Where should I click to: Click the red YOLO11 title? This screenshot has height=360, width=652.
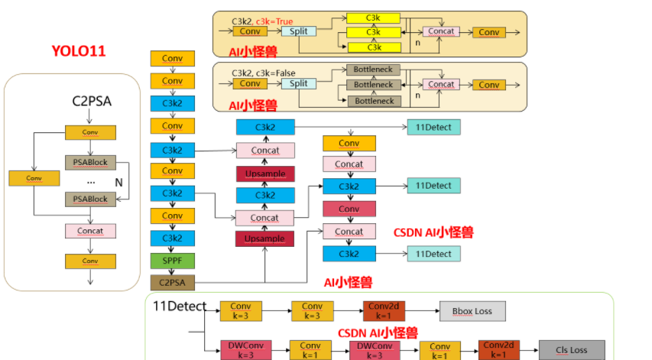pyautogui.click(x=79, y=51)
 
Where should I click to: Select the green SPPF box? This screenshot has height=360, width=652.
pyautogui.click(x=172, y=261)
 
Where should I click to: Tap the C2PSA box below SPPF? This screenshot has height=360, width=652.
pyautogui.click(x=172, y=283)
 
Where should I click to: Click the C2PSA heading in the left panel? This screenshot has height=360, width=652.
pyautogui.click(x=92, y=100)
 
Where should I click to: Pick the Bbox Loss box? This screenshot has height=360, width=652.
pyautogui.click(x=472, y=310)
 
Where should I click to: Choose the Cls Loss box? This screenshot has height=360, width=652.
pyautogui.click(x=572, y=350)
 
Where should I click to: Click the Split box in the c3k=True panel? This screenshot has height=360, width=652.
pyautogui.click(x=299, y=31)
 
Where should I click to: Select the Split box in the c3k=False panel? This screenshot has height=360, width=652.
pyautogui.click(x=299, y=84)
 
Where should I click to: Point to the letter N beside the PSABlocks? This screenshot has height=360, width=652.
pyautogui.click(x=118, y=183)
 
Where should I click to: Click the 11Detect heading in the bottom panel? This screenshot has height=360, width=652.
pyautogui.click(x=180, y=306)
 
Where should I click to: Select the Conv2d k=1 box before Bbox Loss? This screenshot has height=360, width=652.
pyautogui.click(x=383, y=310)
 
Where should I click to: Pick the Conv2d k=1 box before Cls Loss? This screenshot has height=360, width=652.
pyautogui.click(x=499, y=349)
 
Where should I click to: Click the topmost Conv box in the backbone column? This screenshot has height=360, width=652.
pyautogui.click(x=172, y=59)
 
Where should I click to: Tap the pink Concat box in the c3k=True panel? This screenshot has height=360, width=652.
pyautogui.click(x=441, y=31)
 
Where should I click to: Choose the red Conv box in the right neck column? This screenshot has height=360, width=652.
pyautogui.click(x=349, y=209)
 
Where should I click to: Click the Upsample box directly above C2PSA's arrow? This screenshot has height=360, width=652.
pyautogui.click(x=264, y=238)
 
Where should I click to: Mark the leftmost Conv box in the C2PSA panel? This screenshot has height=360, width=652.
pyautogui.click(x=34, y=178)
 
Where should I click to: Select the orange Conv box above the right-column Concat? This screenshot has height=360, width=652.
pyautogui.click(x=349, y=143)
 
